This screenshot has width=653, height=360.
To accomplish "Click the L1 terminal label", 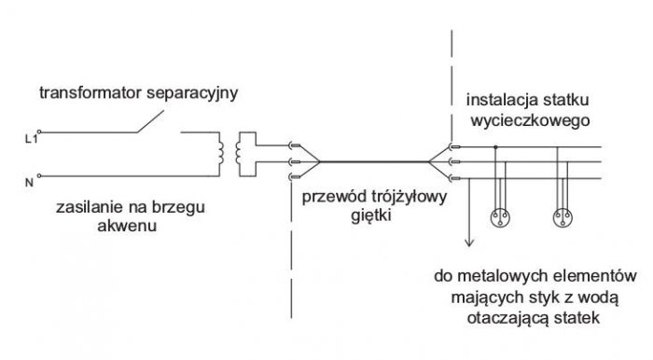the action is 31,139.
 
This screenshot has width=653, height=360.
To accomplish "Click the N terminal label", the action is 29,182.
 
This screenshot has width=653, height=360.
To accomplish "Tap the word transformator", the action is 90,92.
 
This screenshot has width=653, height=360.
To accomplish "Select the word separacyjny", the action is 192,93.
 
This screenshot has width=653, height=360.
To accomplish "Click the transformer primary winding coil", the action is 221,153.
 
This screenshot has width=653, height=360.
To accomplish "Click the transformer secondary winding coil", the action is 238,153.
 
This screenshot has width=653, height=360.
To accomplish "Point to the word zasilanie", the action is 88,207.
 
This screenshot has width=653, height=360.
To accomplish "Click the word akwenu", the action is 127,226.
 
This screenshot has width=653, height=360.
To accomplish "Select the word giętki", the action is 371,216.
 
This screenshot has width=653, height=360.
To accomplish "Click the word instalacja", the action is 502,101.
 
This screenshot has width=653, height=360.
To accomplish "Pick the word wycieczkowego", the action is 530,120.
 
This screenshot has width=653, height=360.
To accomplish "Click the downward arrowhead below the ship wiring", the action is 469,242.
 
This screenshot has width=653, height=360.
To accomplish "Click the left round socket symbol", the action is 500,217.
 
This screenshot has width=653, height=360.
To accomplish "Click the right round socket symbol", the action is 563,217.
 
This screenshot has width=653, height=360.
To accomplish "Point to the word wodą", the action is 598,298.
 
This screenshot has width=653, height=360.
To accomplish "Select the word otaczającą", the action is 508,318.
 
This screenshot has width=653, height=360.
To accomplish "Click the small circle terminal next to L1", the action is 39,132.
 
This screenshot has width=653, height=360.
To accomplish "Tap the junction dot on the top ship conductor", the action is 495,147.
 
